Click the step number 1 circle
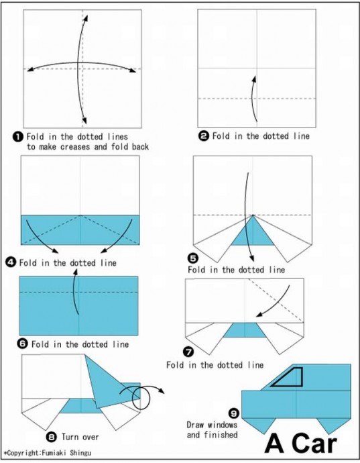(18, 137)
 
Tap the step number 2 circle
(204, 136)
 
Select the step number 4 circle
(11, 262)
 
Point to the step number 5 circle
(192, 258)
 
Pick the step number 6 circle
(23, 344)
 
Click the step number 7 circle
(188, 352)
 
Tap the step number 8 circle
(52, 436)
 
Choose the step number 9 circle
(234, 413)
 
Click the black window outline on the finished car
(302, 378)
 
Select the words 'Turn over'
(80, 437)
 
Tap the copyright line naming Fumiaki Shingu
(48, 453)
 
